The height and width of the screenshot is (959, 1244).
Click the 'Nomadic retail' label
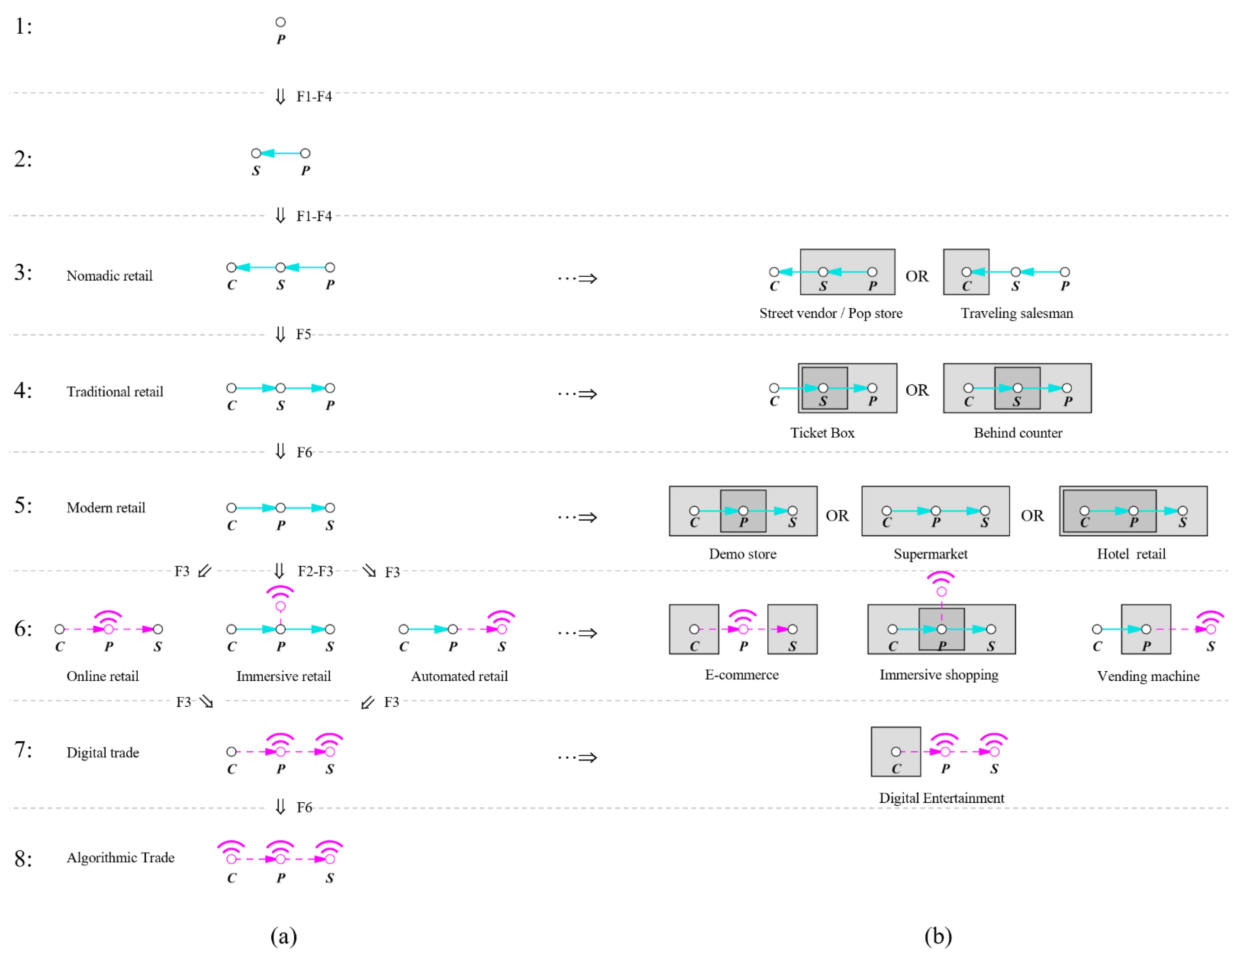tap(109, 276)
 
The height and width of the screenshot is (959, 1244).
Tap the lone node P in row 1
tap(280, 22)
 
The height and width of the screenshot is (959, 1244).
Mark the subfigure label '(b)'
tap(938, 936)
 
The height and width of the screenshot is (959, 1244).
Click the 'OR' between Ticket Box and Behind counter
tap(916, 390)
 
